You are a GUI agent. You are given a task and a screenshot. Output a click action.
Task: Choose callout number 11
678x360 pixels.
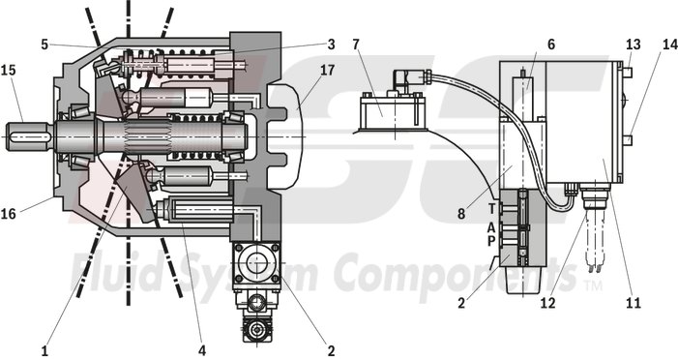[634, 303]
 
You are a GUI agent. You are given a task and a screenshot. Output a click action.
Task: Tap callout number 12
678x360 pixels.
[549, 303]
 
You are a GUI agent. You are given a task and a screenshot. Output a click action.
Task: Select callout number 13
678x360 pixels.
[634, 44]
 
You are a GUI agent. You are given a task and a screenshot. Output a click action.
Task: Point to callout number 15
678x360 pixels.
[8, 72]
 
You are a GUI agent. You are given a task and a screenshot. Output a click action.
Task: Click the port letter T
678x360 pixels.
[491, 208]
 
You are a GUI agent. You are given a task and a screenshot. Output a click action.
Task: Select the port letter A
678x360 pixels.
[491, 225]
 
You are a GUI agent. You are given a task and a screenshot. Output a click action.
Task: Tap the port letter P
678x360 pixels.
[491, 241]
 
